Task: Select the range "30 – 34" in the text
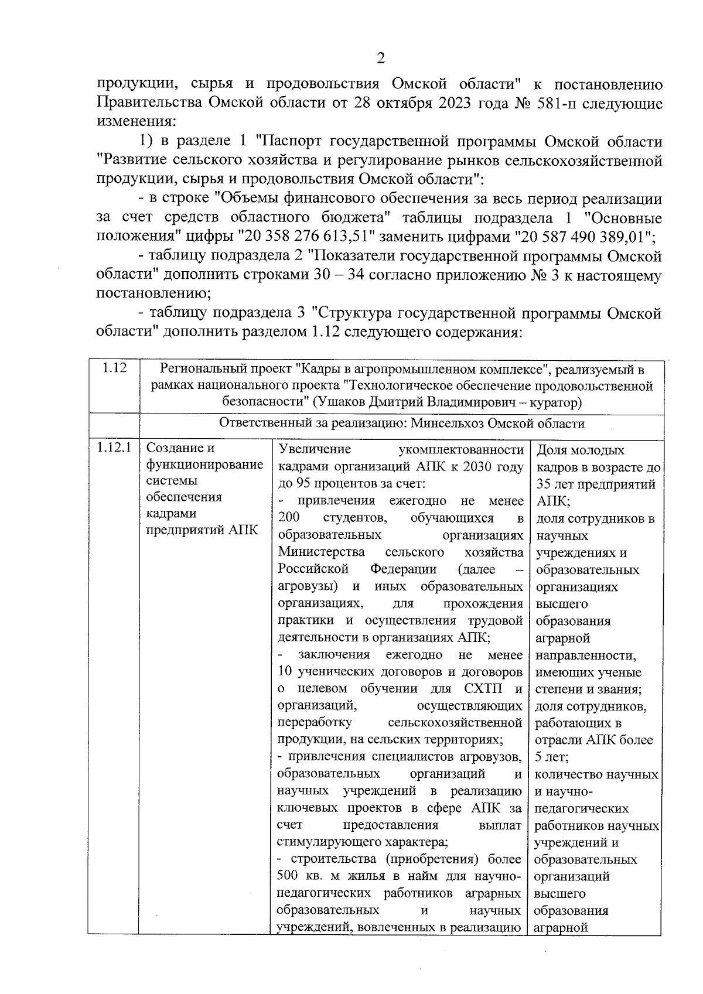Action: click(x=343, y=275)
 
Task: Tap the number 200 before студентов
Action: click(x=289, y=518)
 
